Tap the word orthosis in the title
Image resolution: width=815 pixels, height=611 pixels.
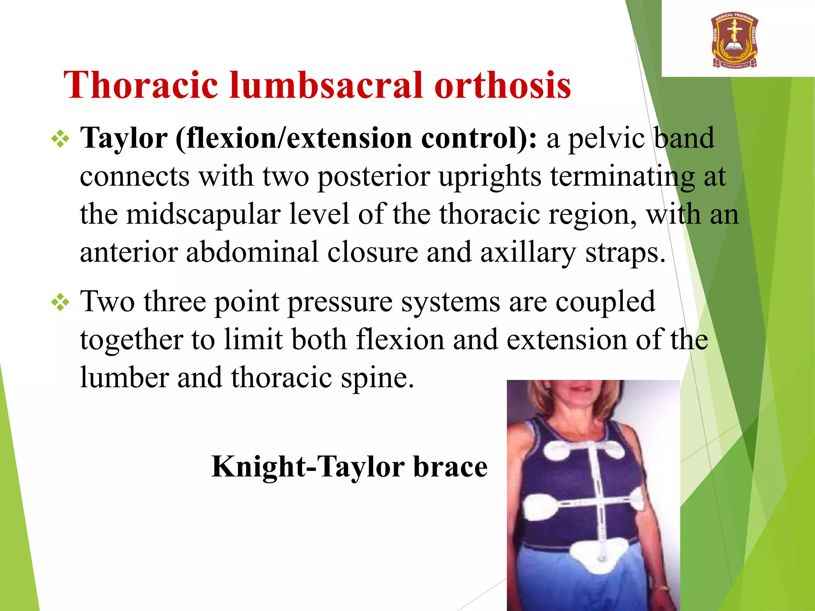tap(503, 85)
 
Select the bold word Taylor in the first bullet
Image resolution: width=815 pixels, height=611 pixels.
tap(124, 138)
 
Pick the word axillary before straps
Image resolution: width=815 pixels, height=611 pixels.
tap(528, 253)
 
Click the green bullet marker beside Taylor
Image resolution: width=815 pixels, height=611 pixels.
tap(60, 139)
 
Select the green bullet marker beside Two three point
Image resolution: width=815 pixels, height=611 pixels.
tap(60, 303)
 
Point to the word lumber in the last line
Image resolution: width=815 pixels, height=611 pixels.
tap(124, 377)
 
